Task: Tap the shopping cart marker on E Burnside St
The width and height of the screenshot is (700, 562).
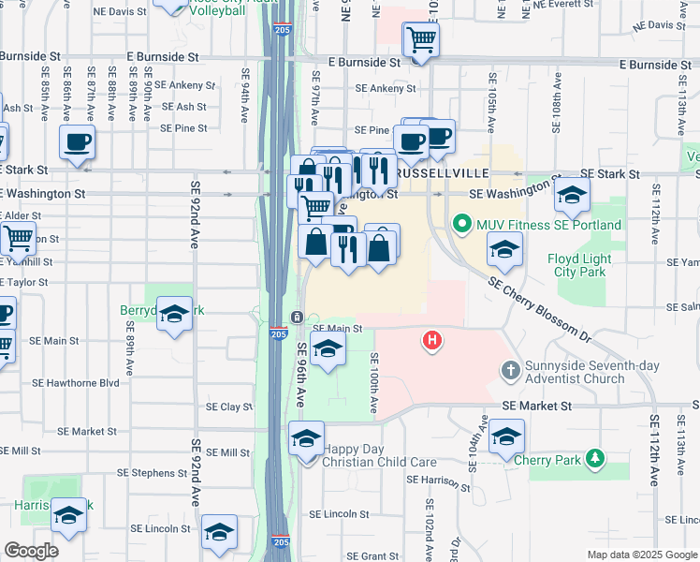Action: [x=422, y=40]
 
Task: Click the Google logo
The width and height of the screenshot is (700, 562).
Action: [x=31, y=551]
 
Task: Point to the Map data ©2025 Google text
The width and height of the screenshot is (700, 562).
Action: [x=641, y=555]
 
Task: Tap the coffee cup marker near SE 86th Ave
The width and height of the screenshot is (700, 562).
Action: [x=77, y=142]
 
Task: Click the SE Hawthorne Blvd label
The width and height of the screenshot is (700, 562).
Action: [x=76, y=382]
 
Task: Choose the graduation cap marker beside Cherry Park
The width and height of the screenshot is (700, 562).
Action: [x=506, y=436]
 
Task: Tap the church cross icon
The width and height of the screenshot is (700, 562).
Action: [x=510, y=371]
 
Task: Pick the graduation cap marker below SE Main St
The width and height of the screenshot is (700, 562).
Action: [x=327, y=350]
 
